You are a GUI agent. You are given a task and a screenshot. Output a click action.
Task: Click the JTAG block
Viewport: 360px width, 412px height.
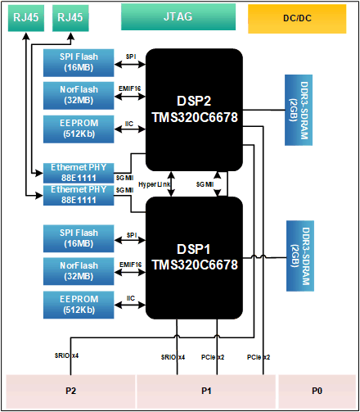tap(178, 17)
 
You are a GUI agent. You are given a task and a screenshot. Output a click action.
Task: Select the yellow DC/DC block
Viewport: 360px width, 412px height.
tap(297, 19)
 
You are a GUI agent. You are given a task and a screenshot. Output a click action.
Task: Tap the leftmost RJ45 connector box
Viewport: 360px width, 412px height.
tap(26, 18)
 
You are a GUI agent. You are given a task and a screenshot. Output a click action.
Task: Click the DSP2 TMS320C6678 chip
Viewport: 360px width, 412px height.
tap(194, 110)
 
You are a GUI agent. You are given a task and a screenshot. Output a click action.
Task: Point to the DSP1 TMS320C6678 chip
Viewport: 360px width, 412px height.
tap(194, 258)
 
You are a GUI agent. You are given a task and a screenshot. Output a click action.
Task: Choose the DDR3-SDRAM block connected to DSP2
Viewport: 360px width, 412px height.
tap(299, 110)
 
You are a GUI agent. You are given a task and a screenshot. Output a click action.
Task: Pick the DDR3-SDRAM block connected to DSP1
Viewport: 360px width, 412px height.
tap(300, 256)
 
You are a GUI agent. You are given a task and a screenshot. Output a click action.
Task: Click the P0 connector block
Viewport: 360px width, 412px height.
tap(317, 391)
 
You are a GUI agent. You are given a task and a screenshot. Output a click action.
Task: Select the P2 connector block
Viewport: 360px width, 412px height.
tap(70, 391)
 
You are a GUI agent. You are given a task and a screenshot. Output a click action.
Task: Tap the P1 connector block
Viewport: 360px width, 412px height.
tap(206, 391)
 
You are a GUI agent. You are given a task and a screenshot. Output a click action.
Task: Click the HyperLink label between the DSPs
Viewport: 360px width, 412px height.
tap(155, 184)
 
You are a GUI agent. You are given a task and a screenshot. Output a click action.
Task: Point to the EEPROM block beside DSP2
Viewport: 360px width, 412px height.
tap(79, 129)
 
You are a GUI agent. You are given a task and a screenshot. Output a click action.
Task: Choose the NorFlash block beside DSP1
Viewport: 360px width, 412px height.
tap(79, 271)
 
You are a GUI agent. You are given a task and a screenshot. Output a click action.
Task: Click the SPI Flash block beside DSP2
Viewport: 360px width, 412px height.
tap(79, 63)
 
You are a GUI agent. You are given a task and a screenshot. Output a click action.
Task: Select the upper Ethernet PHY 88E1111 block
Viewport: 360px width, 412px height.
tap(79, 173)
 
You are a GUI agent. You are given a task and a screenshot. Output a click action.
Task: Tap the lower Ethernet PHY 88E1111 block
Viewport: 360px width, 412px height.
tap(79, 195)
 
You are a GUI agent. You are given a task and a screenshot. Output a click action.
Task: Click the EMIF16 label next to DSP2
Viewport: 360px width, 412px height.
tap(130, 88)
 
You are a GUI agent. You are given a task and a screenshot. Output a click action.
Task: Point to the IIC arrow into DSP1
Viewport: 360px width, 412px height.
tap(130, 305)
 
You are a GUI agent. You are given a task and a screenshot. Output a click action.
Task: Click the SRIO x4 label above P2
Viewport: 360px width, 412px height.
tap(66, 355)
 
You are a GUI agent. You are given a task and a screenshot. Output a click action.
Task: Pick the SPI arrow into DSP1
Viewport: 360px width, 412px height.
tap(130, 240)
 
